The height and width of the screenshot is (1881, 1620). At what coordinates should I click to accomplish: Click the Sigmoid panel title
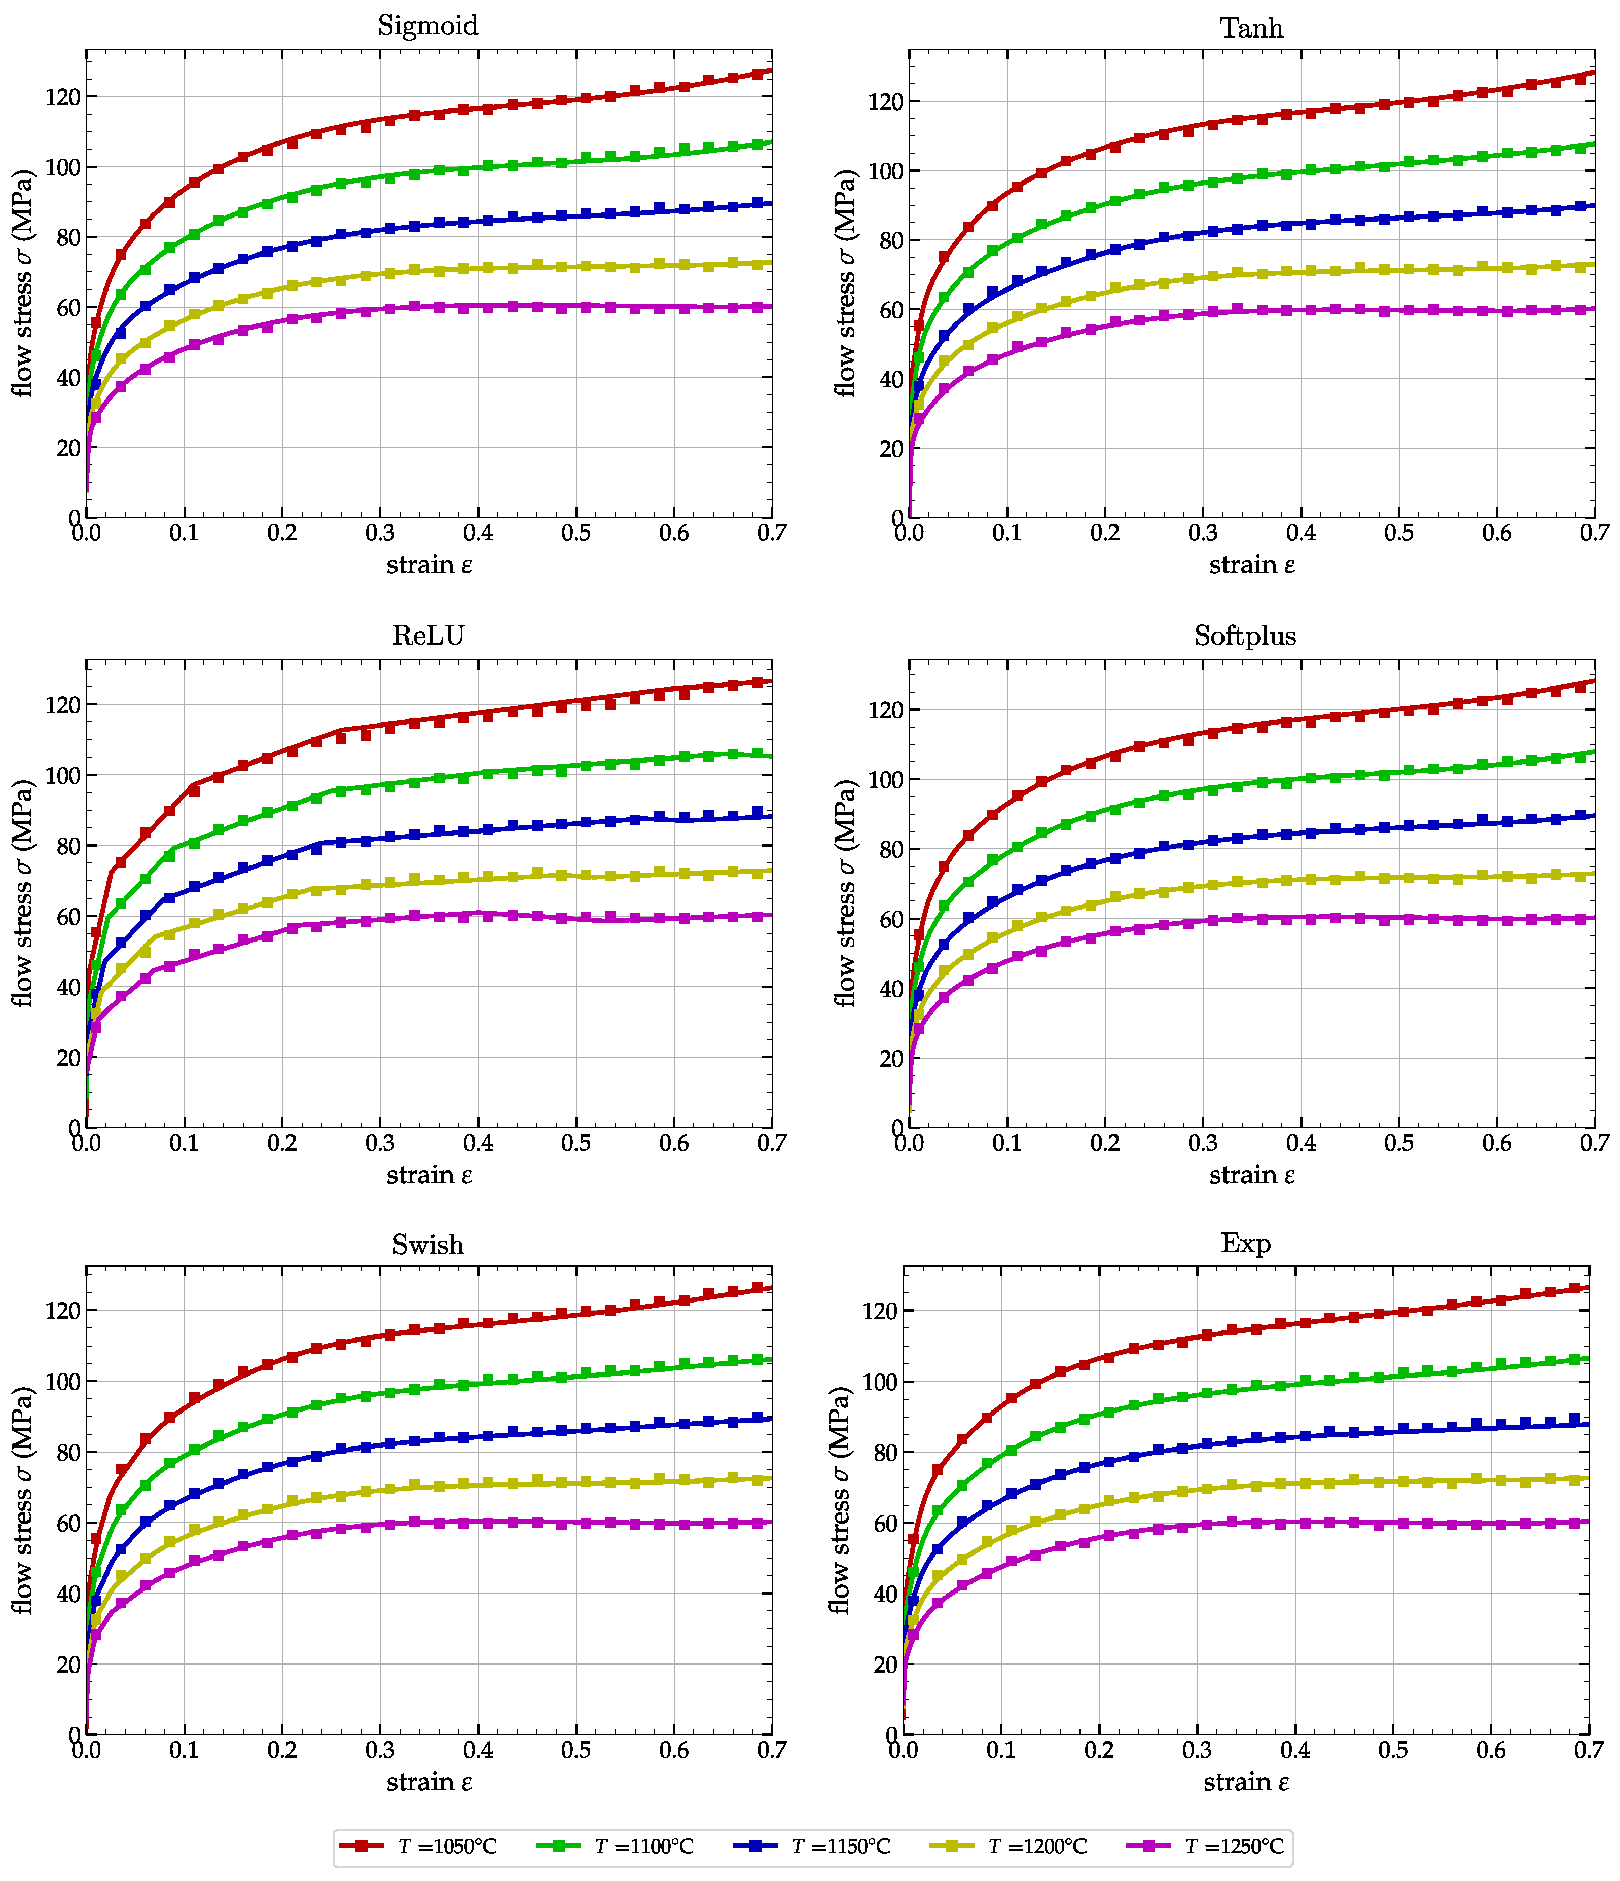point(428,25)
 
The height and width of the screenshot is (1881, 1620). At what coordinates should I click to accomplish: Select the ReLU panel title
point(428,635)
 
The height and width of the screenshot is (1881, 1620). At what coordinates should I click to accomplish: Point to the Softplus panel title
point(1245,635)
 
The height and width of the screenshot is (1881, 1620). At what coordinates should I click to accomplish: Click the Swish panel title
point(428,1244)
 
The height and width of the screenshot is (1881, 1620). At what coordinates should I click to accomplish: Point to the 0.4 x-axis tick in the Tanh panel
point(1301,533)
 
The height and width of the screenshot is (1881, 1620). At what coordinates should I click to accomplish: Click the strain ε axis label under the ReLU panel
point(428,1175)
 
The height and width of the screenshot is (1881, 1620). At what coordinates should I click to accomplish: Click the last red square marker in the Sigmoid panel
point(758,74)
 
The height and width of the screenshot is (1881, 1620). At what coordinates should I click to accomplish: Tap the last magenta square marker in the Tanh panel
point(1581,310)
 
